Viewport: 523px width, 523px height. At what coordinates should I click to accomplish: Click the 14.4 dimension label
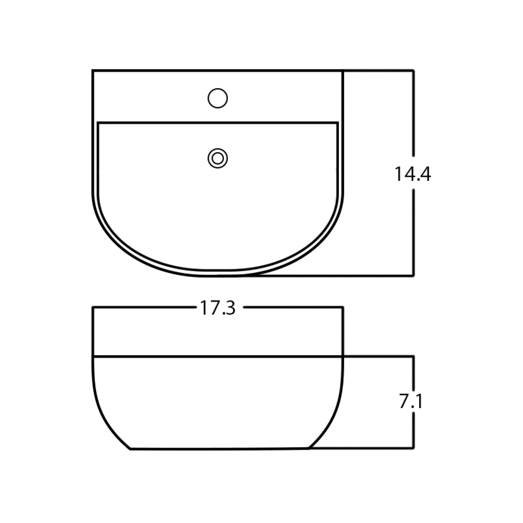click(x=413, y=174)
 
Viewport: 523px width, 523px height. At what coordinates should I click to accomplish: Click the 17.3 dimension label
click(x=218, y=308)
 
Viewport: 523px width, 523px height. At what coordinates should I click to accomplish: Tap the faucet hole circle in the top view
click(x=218, y=98)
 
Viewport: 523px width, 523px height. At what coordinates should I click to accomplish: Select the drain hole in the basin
click(x=218, y=158)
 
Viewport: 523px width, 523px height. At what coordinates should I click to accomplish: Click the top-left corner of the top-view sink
click(x=93, y=71)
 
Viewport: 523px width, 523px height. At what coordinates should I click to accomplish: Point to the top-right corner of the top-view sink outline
click(x=343, y=71)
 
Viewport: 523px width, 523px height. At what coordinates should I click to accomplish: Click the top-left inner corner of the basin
click(x=98, y=123)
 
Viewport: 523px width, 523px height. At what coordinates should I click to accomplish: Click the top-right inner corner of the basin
click(x=338, y=123)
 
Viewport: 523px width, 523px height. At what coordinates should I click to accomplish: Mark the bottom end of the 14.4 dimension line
click(x=413, y=276)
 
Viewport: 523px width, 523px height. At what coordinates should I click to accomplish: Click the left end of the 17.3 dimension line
click(x=93, y=307)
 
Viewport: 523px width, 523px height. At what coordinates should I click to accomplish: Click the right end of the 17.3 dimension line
click(x=343, y=307)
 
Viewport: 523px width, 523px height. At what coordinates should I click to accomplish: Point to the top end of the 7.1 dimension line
click(x=413, y=357)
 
